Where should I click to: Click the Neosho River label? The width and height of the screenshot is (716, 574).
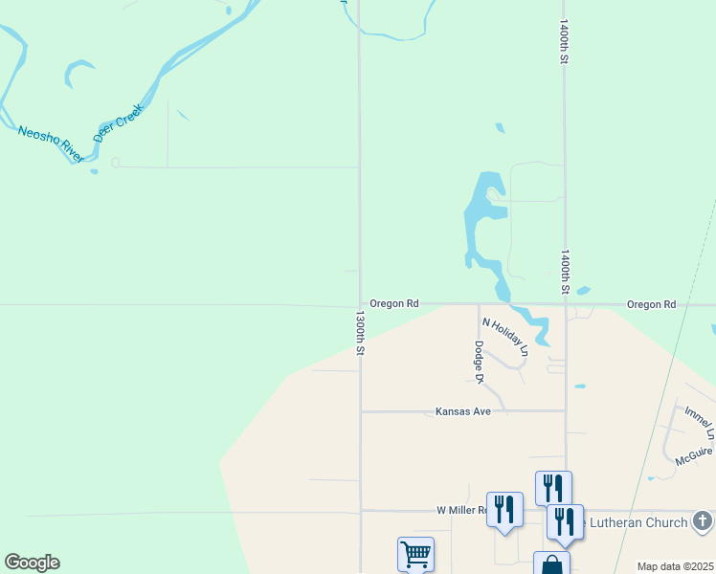coord(51,143)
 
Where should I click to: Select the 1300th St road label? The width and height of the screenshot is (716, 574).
coord(361,332)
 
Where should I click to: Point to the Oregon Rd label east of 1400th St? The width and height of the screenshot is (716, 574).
coord(651,304)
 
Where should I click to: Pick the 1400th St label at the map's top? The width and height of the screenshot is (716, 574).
coord(565,42)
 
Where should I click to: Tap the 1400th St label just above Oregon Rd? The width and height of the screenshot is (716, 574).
coord(565,273)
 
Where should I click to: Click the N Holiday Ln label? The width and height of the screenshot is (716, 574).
coord(504,337)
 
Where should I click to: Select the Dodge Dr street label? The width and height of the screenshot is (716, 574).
coord(478,363)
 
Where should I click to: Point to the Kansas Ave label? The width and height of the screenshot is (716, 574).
coord(462,411)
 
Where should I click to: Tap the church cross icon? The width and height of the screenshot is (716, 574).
coord(703,521)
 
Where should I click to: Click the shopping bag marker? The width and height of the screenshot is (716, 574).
coord(551,563)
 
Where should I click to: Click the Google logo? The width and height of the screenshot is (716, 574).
coord(32,563)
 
